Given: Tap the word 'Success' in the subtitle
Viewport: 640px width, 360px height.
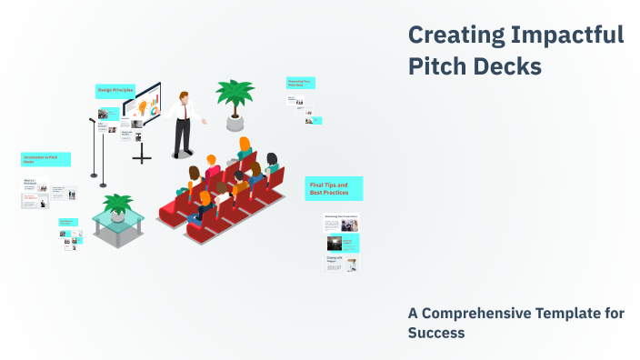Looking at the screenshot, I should pyautogui.click(x=436, y=333).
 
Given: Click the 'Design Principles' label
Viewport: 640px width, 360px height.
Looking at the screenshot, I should pyautogui.click(x=115, y=90).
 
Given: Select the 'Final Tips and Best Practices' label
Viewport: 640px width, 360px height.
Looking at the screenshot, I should pyautogui.click(x=334, y=189).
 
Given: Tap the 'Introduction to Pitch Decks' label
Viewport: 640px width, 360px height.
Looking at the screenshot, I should pyautogui.click(x=45, y=159).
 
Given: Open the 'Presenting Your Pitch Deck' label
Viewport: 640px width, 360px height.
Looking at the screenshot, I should pyautogui.click(x=301, y=83).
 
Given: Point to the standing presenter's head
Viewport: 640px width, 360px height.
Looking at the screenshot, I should pyautogui.click(x=185, y=95).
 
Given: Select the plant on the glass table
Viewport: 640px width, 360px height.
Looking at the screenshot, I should pyautogui.click(x=117, y=204).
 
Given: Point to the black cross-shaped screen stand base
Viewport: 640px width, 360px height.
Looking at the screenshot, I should pyautogui.click(x=142, y=157).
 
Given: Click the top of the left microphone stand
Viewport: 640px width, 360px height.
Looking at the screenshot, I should pyautogui.click(x=92, y=120).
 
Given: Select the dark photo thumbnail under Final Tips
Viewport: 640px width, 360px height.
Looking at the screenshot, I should pyautogui.click(x=334, y=243).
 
